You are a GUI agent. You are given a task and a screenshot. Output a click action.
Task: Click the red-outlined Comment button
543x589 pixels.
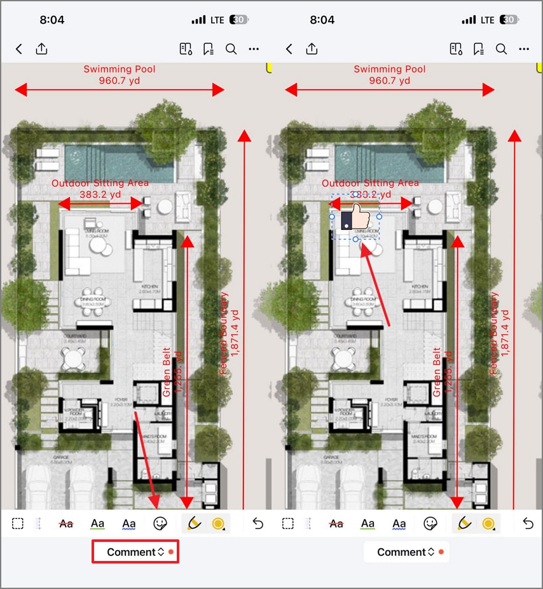pyautogui.click(x=135, y=552)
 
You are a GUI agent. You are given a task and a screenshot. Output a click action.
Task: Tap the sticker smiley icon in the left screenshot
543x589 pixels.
pyautogui.click(x=161, y=523)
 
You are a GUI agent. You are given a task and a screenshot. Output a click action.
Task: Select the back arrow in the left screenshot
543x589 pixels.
pyautogui.click(x=19, y=49)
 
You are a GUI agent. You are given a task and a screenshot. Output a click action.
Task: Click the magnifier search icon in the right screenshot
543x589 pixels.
pyautogui.click(x=501, y=49)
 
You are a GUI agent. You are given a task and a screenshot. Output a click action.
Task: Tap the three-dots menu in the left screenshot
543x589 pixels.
pyautogui.click(x=254, y=49)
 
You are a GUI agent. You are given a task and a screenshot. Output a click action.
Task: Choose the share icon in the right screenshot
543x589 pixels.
pyautogui.click(x=312, y=49)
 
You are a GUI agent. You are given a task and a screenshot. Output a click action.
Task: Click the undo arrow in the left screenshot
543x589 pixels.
pyautogui.click(x=258, y=523)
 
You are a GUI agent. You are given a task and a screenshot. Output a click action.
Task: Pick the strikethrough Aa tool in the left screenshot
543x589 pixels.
pyautogui.click(x=66, y=523)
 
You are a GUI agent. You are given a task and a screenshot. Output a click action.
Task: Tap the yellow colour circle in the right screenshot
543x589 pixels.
pyautogui.click(x=488, y=523)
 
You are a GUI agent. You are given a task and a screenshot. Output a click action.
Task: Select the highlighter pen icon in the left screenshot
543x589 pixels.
pyautogui.click(x=194, y=523)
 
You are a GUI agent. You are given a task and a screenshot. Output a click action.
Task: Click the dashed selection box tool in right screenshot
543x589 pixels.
pyautogui.click(x=288, y=523)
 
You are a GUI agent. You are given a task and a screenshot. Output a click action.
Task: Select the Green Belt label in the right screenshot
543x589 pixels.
pyautogui.click(x=437, y=373)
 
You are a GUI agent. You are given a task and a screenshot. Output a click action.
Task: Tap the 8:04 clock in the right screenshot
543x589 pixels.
pyautogui.click(x=322, y=20)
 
